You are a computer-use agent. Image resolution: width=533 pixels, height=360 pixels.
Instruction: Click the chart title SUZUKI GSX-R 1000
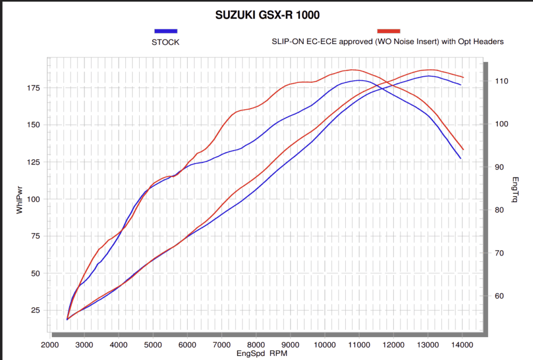click(267, 16)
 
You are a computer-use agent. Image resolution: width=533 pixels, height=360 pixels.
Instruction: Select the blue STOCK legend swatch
click(166, 32)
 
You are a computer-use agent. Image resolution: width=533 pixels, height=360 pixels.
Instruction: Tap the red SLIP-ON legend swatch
click(388, 32)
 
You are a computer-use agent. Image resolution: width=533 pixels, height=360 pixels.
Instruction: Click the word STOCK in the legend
click(166, 42)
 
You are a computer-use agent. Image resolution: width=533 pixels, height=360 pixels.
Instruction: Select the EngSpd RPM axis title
click(261, 353)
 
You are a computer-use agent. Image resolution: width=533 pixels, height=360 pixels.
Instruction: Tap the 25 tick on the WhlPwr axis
click(34, 310)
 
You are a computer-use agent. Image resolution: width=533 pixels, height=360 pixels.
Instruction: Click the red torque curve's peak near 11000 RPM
click(353, 69)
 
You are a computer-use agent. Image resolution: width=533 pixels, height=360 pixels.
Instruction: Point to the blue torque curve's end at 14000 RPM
click(460, 158)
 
